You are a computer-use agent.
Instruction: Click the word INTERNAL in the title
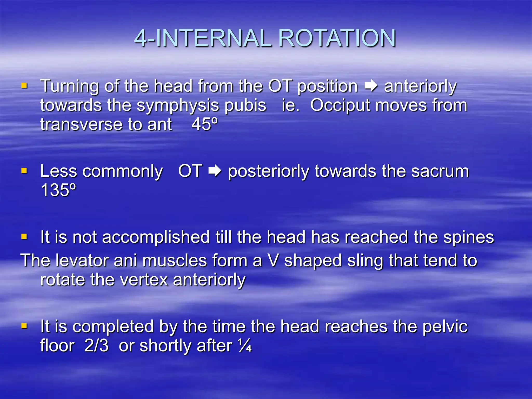pyautogui.click(x=214, y=38)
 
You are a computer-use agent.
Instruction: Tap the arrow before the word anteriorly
pyautogui.click(x=371, y=86)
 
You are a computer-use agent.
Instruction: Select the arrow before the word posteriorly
pyautogui.click(x=215, y=171)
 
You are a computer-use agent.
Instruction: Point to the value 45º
pyautogui.click(x=204, y=124)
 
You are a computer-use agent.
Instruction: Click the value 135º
pyautogui.click(x=58, y=190)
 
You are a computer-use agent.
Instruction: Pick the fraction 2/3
pyautogui.click(x=96, y=346)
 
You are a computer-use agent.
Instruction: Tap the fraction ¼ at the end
pyautogui.click(x=244, y=346)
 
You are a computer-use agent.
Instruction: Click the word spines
pyautogui.click(x=468, y=238)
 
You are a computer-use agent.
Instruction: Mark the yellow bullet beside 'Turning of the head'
pyautogui.click(x=24, y=85)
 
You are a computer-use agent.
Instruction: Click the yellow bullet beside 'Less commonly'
pyautogui.click(x=24, y=171)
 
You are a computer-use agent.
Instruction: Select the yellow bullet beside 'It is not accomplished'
pyautogui.click(x=24, y=237)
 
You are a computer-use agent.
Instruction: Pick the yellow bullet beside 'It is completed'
pyautogui.click(x=24, y=326)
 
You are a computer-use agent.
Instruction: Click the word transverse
pyautogui.click(x=81, y=124)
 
